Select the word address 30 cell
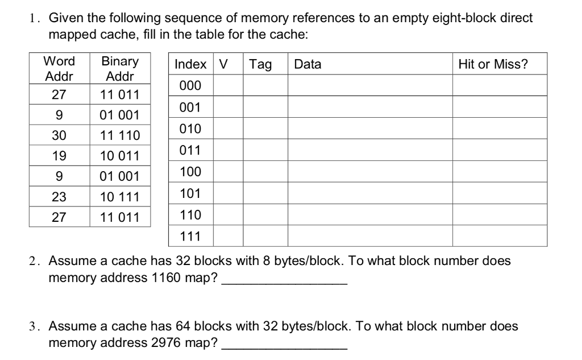coord(59,135)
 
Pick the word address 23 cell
coord(59,197)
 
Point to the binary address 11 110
coord(119,135)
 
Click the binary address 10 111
coord(119,197)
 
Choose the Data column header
coord(307,65)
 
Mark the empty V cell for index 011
coord(228,150)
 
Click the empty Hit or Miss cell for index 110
coord(500,214)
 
